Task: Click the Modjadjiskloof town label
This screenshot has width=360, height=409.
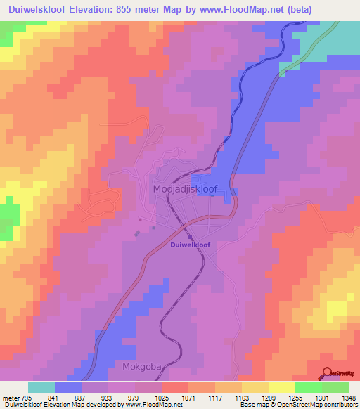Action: (184, 189)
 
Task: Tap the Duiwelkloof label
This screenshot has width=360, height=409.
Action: (190, 245)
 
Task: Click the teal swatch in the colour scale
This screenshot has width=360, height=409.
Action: (41, 387)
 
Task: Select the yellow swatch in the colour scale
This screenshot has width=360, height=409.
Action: (281, 387)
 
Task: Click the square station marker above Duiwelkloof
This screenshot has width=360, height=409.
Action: (189, 236)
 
